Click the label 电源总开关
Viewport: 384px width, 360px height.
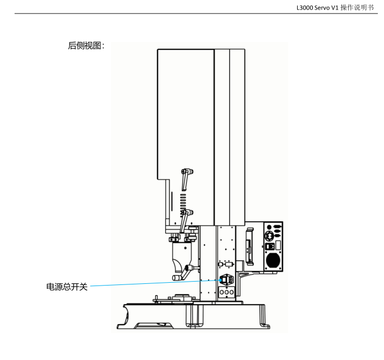[x=67, y=287]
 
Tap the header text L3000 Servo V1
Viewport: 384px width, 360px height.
[x=317, y=8]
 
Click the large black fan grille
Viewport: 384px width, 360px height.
[x=273, y=260]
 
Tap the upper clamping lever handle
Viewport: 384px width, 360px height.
[x=186, y=179]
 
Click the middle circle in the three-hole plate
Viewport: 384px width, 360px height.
[x=226, y=292]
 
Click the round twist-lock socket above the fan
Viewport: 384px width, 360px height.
[x=270, y=236]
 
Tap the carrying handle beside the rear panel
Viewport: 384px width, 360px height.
[x=249, y=246]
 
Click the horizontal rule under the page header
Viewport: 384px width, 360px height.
[x=196, y=13]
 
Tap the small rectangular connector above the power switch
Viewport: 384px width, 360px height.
[x=229, y=264]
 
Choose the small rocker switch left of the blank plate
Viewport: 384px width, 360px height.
[x=270, y=246]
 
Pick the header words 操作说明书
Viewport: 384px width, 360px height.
[x=357, y=8]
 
